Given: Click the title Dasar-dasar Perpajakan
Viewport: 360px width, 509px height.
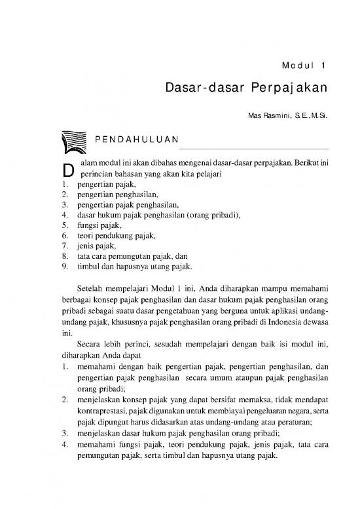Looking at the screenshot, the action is click(246, 88).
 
